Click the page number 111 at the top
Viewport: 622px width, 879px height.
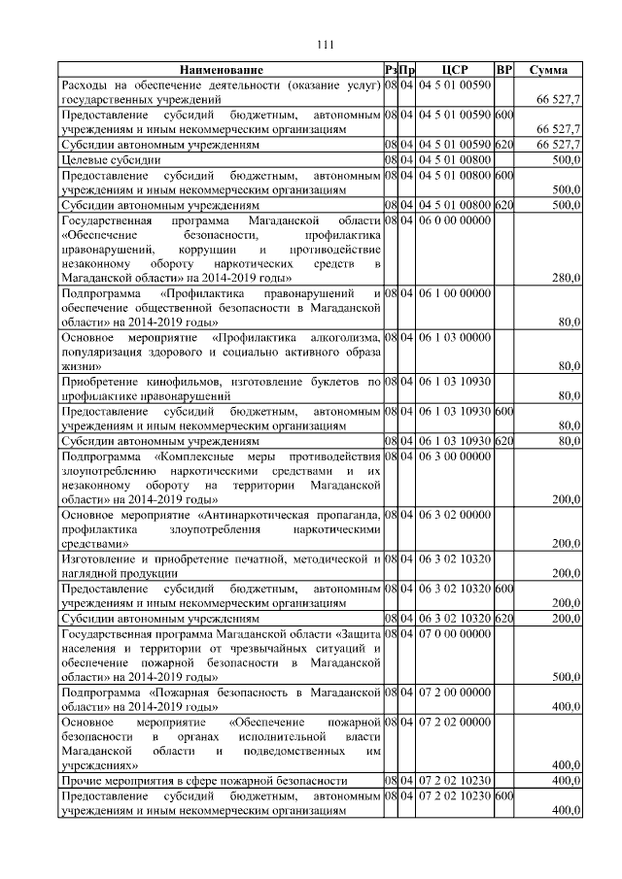tap(325, 42)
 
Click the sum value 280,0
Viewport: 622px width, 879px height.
tap(566, 278)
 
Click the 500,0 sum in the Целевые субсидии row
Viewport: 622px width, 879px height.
tap(566, 159)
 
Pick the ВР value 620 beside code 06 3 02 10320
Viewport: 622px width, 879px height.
tap(503, 618)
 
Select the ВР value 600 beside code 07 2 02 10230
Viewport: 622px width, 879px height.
tap(503, 796)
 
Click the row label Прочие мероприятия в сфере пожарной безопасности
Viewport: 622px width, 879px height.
tap(204, 781)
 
